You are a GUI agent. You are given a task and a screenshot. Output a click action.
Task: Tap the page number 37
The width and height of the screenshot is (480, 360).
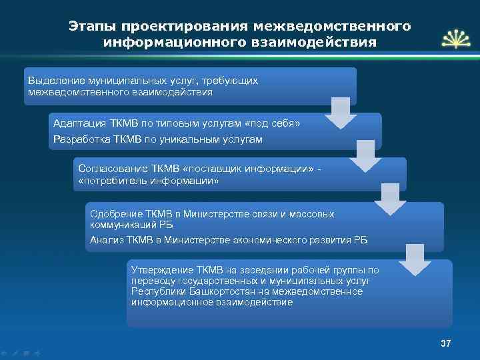click(446, 343)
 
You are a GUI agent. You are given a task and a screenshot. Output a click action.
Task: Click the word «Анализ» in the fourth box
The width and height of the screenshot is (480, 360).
click(105, 239)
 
